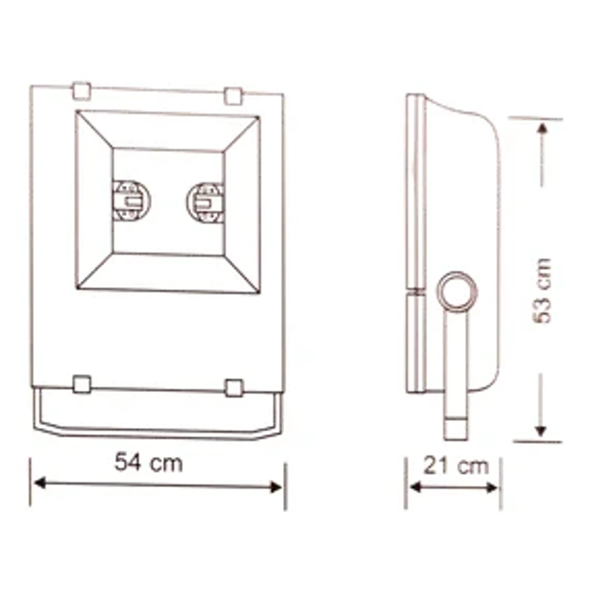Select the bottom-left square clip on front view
(82, 384)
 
